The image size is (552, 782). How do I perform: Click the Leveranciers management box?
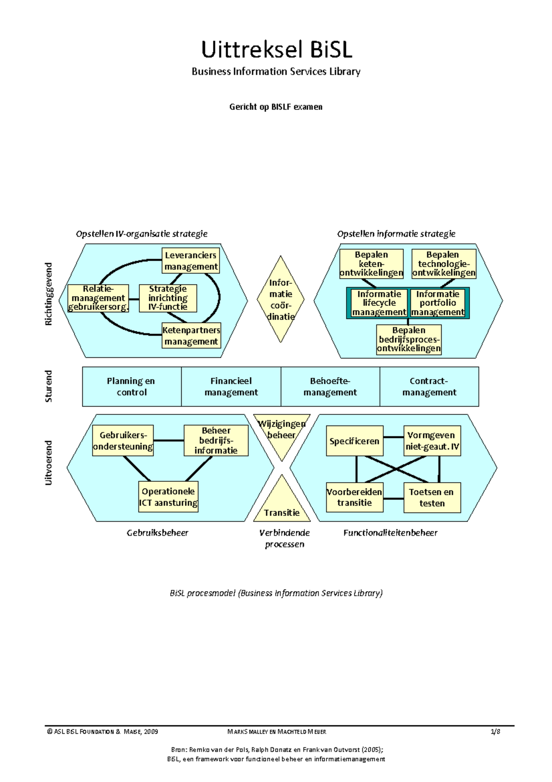coord(191,261)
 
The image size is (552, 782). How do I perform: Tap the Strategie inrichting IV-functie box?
coord(168,298)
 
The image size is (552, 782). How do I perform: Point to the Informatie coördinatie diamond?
coord(281,299)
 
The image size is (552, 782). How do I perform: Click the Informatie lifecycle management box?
coord(379,303)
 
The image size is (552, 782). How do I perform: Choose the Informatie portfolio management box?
coord(438,303)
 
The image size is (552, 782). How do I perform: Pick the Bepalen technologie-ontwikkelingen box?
coord(443,264)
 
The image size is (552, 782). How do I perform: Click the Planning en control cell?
coord(132,386)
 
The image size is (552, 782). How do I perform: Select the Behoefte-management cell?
coord(330,386)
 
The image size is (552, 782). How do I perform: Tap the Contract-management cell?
coord(429,386)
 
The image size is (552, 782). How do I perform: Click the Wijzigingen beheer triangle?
coord(282,433)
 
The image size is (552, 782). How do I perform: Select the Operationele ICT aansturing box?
coord(168,497)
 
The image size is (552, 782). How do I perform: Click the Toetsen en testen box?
coord(432,497)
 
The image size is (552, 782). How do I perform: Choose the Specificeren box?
coord(354,441)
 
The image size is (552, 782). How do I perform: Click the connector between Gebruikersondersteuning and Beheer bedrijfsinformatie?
coord(168,440)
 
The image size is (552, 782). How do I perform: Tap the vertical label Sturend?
coord(48,386)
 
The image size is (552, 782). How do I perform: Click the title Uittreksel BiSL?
coord(276,50)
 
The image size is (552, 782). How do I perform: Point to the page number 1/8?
coord(495,731)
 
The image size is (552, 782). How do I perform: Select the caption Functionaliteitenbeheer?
coord(390,533)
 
